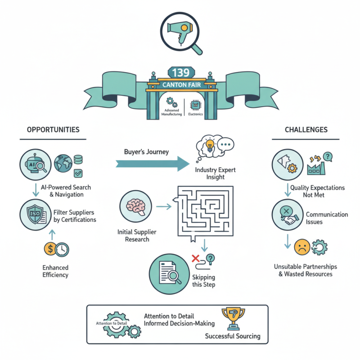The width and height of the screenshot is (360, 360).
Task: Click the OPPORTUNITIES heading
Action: tap(53, 130)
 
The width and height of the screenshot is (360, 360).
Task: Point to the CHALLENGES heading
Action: tap(306, 130)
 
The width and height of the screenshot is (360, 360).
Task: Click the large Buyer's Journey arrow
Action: tap(153, 163)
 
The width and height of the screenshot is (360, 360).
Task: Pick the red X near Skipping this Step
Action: tap(195, 258)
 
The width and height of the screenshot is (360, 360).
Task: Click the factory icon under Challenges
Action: tap(315, 167)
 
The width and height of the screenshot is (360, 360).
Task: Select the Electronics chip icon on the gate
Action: tap(196, 105)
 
